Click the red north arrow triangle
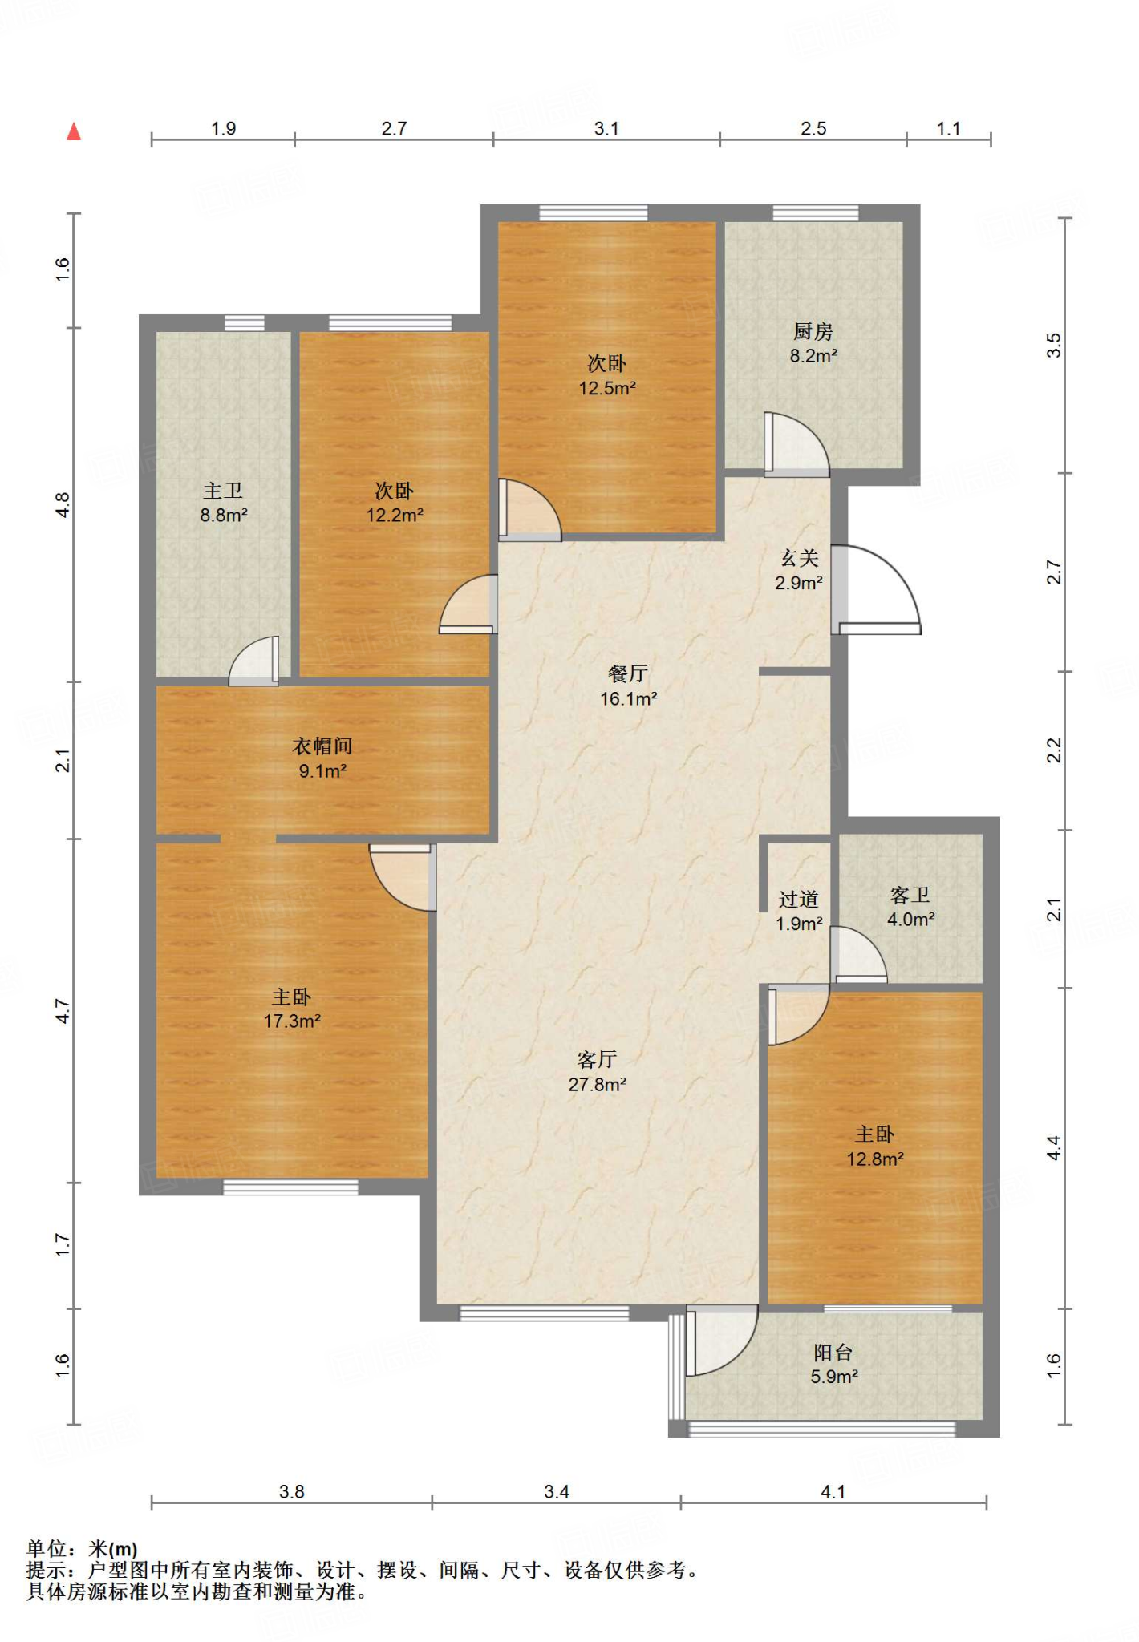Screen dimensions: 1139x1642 tap(74, 131)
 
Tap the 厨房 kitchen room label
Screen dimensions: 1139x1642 tap(813, 331)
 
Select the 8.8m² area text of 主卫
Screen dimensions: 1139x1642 tap(224, 516)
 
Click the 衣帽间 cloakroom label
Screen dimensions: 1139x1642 tap(322, 746)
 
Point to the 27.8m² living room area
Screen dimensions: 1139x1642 tap(598, 1085)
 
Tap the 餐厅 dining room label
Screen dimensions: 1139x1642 tap(628, 673)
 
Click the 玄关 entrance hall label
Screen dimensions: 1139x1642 tap(799, 558)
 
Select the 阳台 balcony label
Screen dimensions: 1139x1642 tap(833, 1353)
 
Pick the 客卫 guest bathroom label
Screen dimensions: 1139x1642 tap(910, 895)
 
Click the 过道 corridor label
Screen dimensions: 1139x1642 tap(799, 900)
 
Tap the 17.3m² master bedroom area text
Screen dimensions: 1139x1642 tap(293, 1021)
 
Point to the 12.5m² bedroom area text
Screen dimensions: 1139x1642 tap(608, 389)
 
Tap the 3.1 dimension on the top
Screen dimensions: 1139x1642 tap(607, 129)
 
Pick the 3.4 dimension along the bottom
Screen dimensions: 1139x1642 tap(557, 1492)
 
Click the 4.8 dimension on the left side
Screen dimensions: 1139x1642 tap(63, 504)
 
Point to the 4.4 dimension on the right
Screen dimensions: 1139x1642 tap(1054, 1148)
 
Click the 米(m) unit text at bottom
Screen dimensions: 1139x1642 tap(112, 1550)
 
